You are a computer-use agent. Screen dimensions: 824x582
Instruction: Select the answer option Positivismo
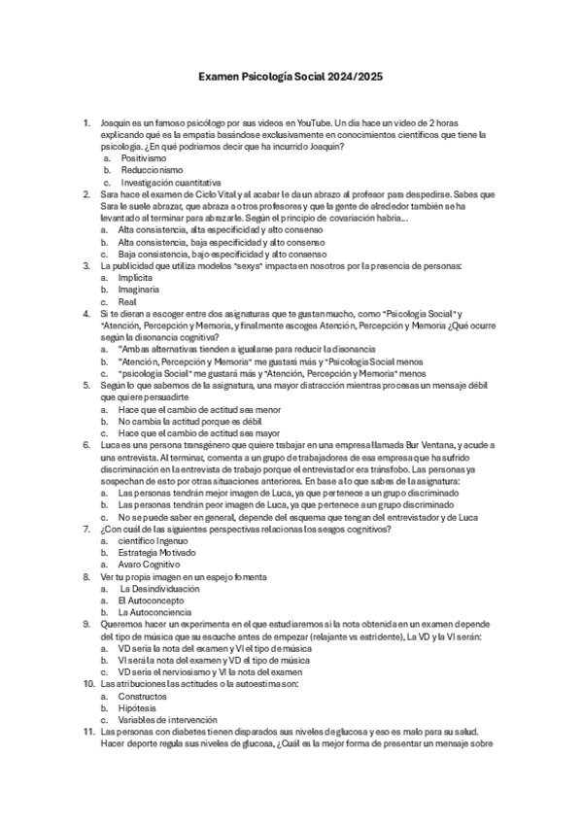[144, 157]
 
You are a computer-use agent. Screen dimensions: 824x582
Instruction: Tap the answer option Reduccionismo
[152, 170]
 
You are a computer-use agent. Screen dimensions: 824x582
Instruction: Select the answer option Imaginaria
[141, 289]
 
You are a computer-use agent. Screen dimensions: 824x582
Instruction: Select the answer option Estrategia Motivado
[158, 552]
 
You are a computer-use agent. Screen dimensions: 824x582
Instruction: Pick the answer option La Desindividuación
[160, 589]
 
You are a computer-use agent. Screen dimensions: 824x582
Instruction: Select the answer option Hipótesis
[141, 708]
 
